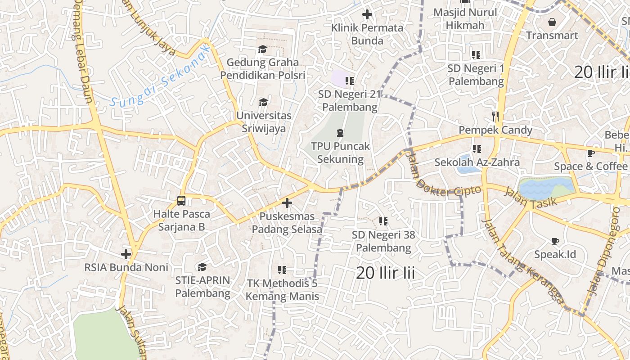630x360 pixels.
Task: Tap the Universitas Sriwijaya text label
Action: click(264, 122)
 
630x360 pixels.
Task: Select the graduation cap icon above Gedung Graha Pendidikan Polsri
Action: click(262, 49)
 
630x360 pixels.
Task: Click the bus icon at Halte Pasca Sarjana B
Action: click(181, 201)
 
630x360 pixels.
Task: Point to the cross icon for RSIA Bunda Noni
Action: click(126, 254)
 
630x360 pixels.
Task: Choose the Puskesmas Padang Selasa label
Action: click(287, 223)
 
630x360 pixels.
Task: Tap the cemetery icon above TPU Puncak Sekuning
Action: click(340, 133)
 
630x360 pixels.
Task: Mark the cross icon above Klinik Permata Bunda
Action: click(367, 14)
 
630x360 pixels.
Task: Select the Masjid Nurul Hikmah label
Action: click(465, 19)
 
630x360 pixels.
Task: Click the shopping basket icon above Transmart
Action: click(552, 22)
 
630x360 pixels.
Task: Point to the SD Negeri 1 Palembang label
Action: click(476, 75)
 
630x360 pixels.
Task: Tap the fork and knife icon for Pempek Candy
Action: click(495, 117)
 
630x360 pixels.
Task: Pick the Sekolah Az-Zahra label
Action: click(477, 162)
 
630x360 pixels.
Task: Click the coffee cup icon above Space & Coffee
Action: click(591, 153)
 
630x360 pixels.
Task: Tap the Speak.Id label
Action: click(555, 254)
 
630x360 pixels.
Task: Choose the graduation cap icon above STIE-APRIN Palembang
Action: click(202, 267)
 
